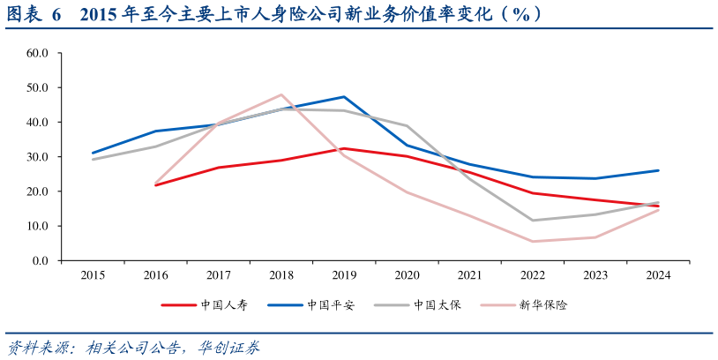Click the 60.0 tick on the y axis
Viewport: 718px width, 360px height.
click(x=36, y=53)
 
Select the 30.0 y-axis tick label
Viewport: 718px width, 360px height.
click(x=36, y=157)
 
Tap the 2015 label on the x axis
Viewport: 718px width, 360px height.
click(x=93, y=275)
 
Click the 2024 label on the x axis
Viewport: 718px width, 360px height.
click(x=658, y=275)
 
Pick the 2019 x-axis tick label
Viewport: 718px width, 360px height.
click(x=344, y=275)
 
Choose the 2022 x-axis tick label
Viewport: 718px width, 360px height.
click(x=532, y=275)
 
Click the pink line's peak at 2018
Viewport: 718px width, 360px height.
click(x=281, y=94)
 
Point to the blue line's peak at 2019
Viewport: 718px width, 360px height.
click(x=344, y=97)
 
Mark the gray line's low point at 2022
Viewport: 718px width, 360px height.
click(x=532, y=221)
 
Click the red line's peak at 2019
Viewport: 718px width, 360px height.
click(x=344, y=148)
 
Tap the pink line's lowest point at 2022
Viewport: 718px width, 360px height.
click(x=532, y=241)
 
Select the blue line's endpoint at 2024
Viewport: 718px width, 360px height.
click(x=658, y=170)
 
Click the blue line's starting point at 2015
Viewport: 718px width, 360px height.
click(x=93, y=153)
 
